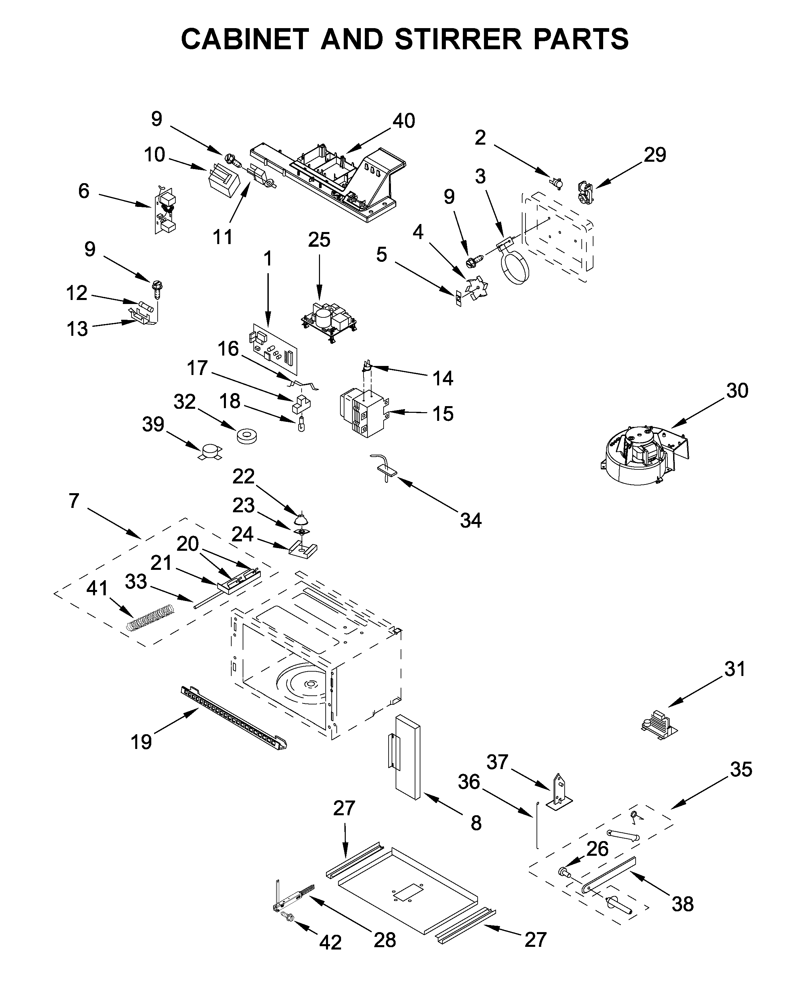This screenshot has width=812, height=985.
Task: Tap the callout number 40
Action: click(x=404, y=121)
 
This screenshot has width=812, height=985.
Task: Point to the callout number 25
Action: click(x=319, y=240)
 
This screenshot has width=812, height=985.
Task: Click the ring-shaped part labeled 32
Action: click(x=247, y=437)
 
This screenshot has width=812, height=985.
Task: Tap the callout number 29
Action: click(x=654, y=154)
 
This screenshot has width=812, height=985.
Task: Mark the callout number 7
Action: click(x=74, y=501)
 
